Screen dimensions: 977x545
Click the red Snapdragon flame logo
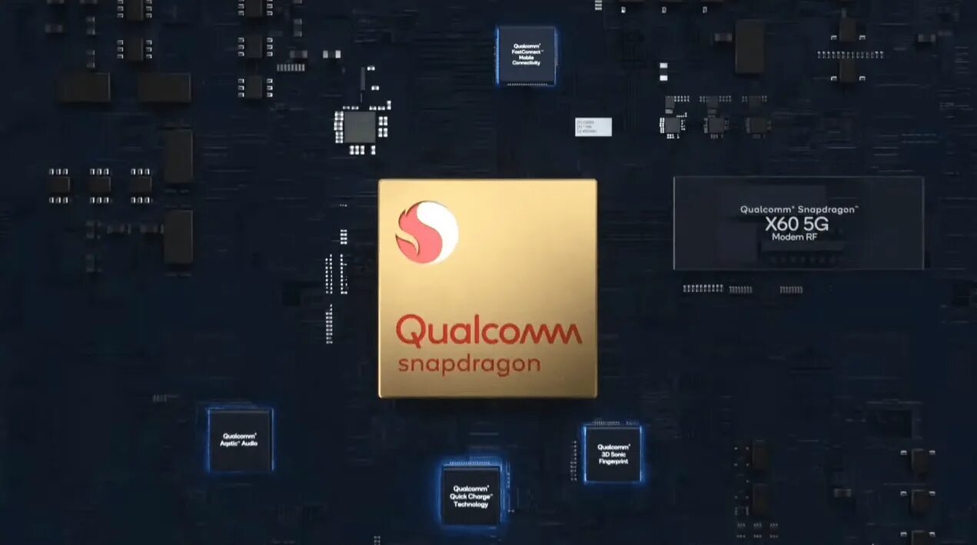point(427,232)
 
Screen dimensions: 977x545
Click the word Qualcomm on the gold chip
point(488,333)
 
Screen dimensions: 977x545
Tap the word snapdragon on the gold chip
point(469,364)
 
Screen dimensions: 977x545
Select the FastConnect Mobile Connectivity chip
point(526,55)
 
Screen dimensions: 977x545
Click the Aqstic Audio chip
point(240,440)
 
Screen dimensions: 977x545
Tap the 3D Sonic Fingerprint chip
point(613,454)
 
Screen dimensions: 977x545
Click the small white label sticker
point(593,127)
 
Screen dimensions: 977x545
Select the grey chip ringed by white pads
point(361,127)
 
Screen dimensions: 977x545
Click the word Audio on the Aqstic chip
point(250,444)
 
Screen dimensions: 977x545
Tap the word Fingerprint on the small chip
point(613,461)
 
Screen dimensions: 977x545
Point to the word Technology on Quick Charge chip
point(470,504)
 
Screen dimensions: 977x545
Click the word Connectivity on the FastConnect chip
point(526,62)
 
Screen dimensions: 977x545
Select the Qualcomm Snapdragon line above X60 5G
point(799,209)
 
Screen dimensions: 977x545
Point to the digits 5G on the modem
point(822,224)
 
